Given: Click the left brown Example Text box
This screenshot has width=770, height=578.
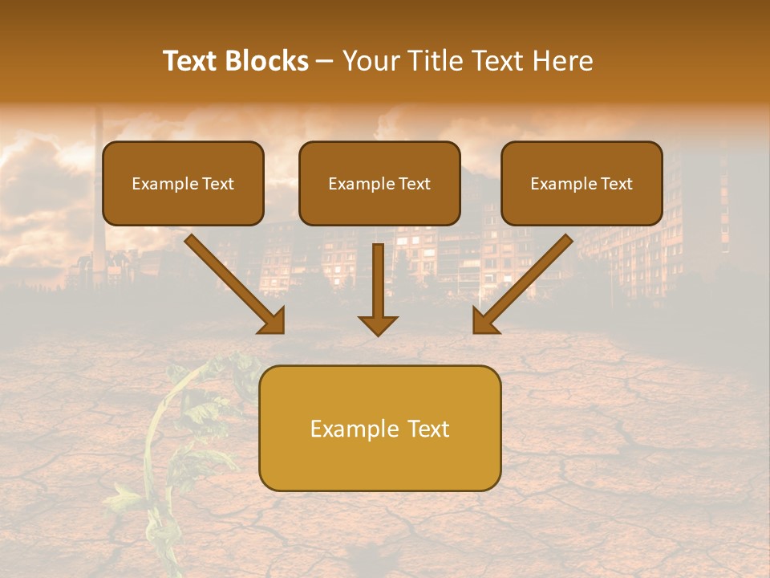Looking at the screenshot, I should pyautogui.click(x=183, y=183).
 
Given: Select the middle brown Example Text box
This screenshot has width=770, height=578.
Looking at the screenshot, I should pyautogui.click(x=379, y=183).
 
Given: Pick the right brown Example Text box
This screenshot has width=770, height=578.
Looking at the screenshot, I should pyautogui.click(x=582, y=183).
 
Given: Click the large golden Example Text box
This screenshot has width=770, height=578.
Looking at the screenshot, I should pyautogui.click(x=379, y=428).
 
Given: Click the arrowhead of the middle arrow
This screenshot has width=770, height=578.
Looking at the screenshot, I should pyautogui.click(x=378, y=324).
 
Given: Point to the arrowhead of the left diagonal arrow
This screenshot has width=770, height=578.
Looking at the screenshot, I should pyautogui.click(x=274, y=322).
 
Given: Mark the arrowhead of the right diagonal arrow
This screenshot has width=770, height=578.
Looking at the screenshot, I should pyautogui.click(x=484, y=322).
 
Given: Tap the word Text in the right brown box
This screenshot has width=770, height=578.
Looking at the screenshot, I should pyautogui.click(x=616, y=183).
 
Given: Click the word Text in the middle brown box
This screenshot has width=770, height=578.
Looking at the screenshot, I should pyautogui.click(x=415, y=183).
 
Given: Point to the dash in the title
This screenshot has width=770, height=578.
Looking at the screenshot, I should pyautogui.click(x=325, y=61).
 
